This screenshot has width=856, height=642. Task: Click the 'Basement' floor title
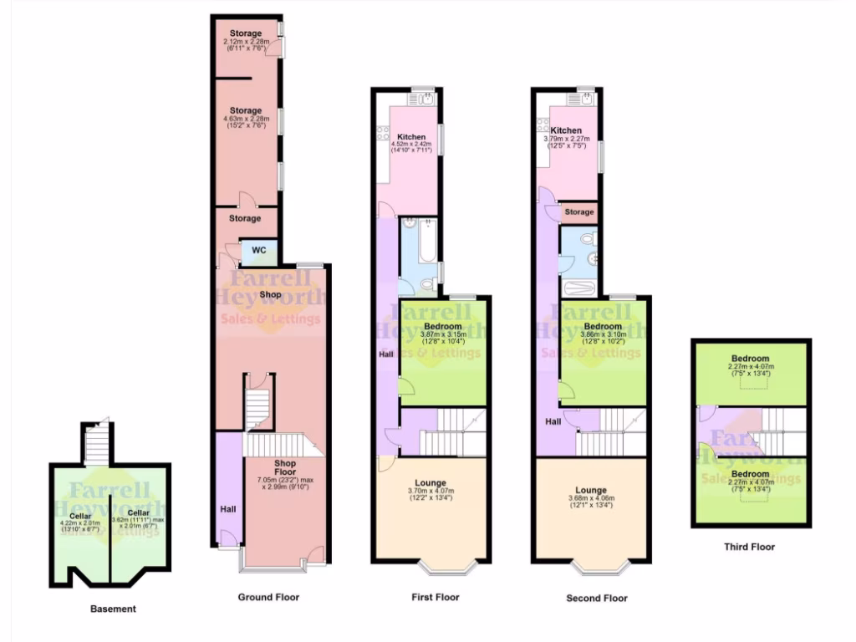point(113,609)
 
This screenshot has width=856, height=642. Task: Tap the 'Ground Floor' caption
point(267,598)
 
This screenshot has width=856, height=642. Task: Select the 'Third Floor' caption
point(749,548)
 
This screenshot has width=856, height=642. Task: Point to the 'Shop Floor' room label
point(285,467)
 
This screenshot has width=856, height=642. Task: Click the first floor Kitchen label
point(411,137)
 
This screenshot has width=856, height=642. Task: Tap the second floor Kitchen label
point(566,130)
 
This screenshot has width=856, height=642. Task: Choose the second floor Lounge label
point(590,491)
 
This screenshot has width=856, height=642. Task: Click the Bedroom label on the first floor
point(443,326)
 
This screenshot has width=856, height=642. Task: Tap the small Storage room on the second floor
point(578,212)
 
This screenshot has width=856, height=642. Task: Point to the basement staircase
point(98,444)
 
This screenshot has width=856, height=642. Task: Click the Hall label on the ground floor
point(228,508)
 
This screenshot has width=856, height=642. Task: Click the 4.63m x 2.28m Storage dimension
point(247,119)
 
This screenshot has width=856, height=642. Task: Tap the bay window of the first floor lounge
point(446,568)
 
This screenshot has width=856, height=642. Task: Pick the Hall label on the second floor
point(553,422)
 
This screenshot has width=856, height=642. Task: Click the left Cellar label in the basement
point(80,516)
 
